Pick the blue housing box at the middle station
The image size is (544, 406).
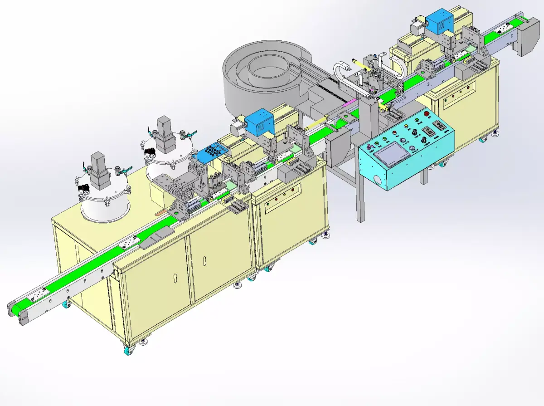click(259, 123)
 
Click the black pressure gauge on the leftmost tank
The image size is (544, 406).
click(83, 187)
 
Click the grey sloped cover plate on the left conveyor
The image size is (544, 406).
click(156, 237)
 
